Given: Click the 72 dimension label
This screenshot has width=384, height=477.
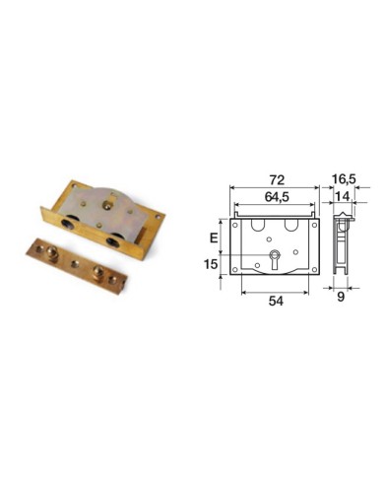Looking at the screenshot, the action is click(277, 180).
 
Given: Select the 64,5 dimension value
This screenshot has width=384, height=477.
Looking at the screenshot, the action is click(277, 197).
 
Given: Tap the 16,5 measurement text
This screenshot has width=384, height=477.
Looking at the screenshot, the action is click(344, 179).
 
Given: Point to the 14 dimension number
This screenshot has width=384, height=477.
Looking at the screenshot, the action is click(343, 196).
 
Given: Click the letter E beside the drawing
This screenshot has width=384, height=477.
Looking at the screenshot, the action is click(214, 238).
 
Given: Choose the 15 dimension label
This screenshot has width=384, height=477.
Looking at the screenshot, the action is click(211, 264).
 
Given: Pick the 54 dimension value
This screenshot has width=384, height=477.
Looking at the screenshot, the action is click(276, 301).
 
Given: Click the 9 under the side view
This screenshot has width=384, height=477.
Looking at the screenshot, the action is click(341, 297).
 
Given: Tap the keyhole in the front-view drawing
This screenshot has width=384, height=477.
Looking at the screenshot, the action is click(275, 259).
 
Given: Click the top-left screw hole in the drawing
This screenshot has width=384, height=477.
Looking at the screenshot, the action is click(235, 226).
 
